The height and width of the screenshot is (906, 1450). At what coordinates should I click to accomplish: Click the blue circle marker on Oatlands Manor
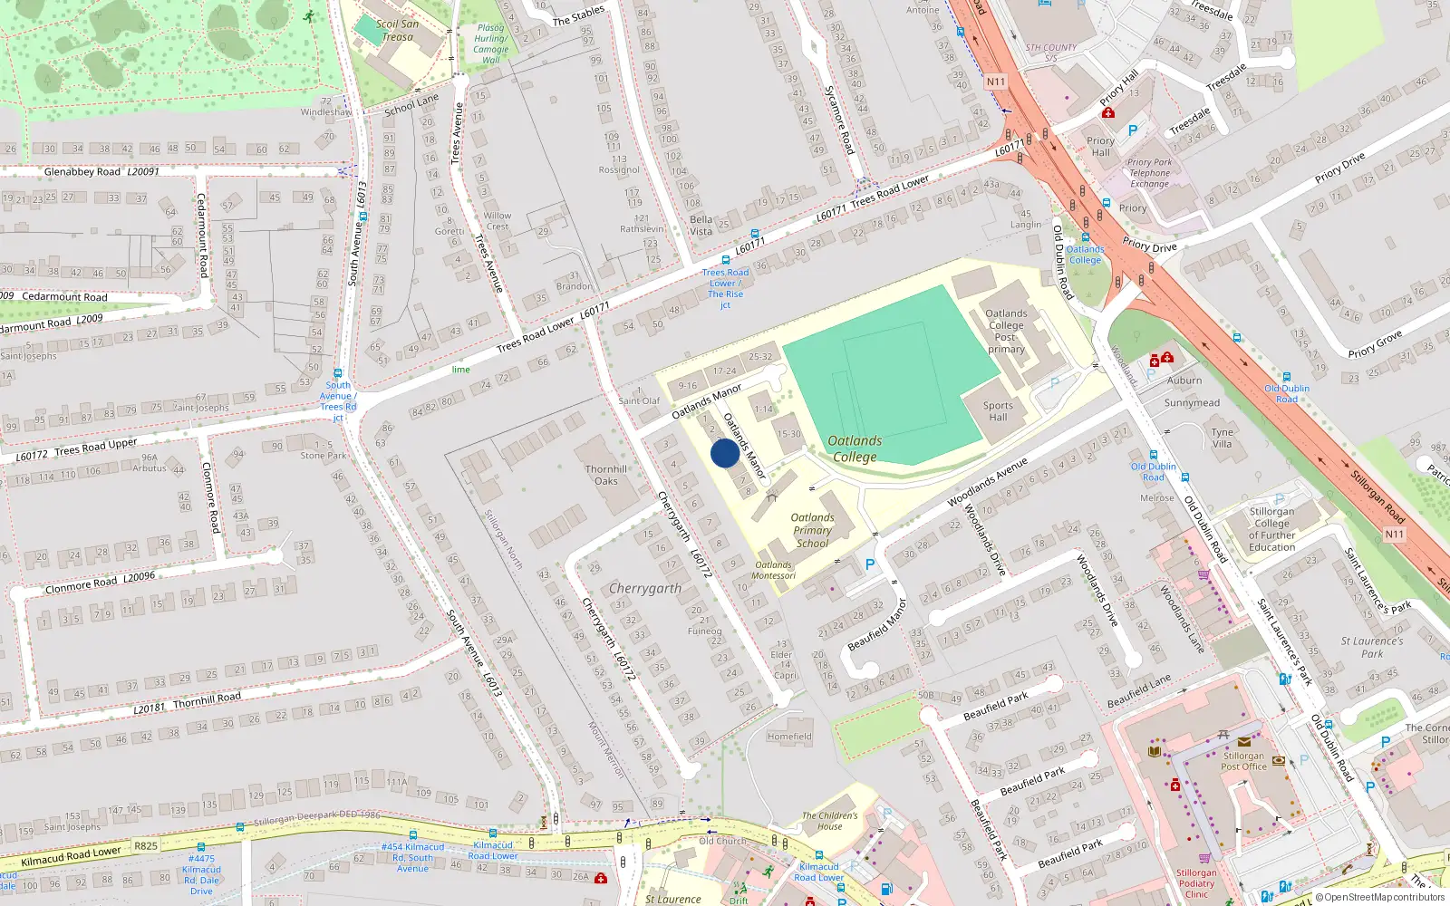point(725,453)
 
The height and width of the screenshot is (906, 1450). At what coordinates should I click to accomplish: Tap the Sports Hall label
point(998,411)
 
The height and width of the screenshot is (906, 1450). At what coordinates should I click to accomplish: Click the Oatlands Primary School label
point(812,531)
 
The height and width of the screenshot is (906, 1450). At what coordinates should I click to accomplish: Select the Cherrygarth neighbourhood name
point(645,589)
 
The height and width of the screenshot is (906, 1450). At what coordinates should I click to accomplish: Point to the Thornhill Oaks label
point(606,475)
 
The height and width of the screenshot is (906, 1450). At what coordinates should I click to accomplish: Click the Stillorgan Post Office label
point(1243,761)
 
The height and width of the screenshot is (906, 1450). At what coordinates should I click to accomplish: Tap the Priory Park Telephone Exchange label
point(1149,173)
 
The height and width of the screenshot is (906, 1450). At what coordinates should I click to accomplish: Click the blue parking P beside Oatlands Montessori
point(870,564)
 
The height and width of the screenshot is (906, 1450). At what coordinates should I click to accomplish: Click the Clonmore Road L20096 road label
point(100,583)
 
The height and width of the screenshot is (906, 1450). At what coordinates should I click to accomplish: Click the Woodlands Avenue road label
point(988,482)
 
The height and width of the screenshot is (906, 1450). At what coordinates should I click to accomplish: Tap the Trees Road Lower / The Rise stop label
point(725,288)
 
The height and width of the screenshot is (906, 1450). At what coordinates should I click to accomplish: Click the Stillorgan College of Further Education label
point(1271,529)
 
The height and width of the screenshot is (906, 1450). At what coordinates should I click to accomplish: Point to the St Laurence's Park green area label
point(1372,647)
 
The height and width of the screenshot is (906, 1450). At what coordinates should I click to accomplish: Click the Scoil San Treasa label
point(398,31)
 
